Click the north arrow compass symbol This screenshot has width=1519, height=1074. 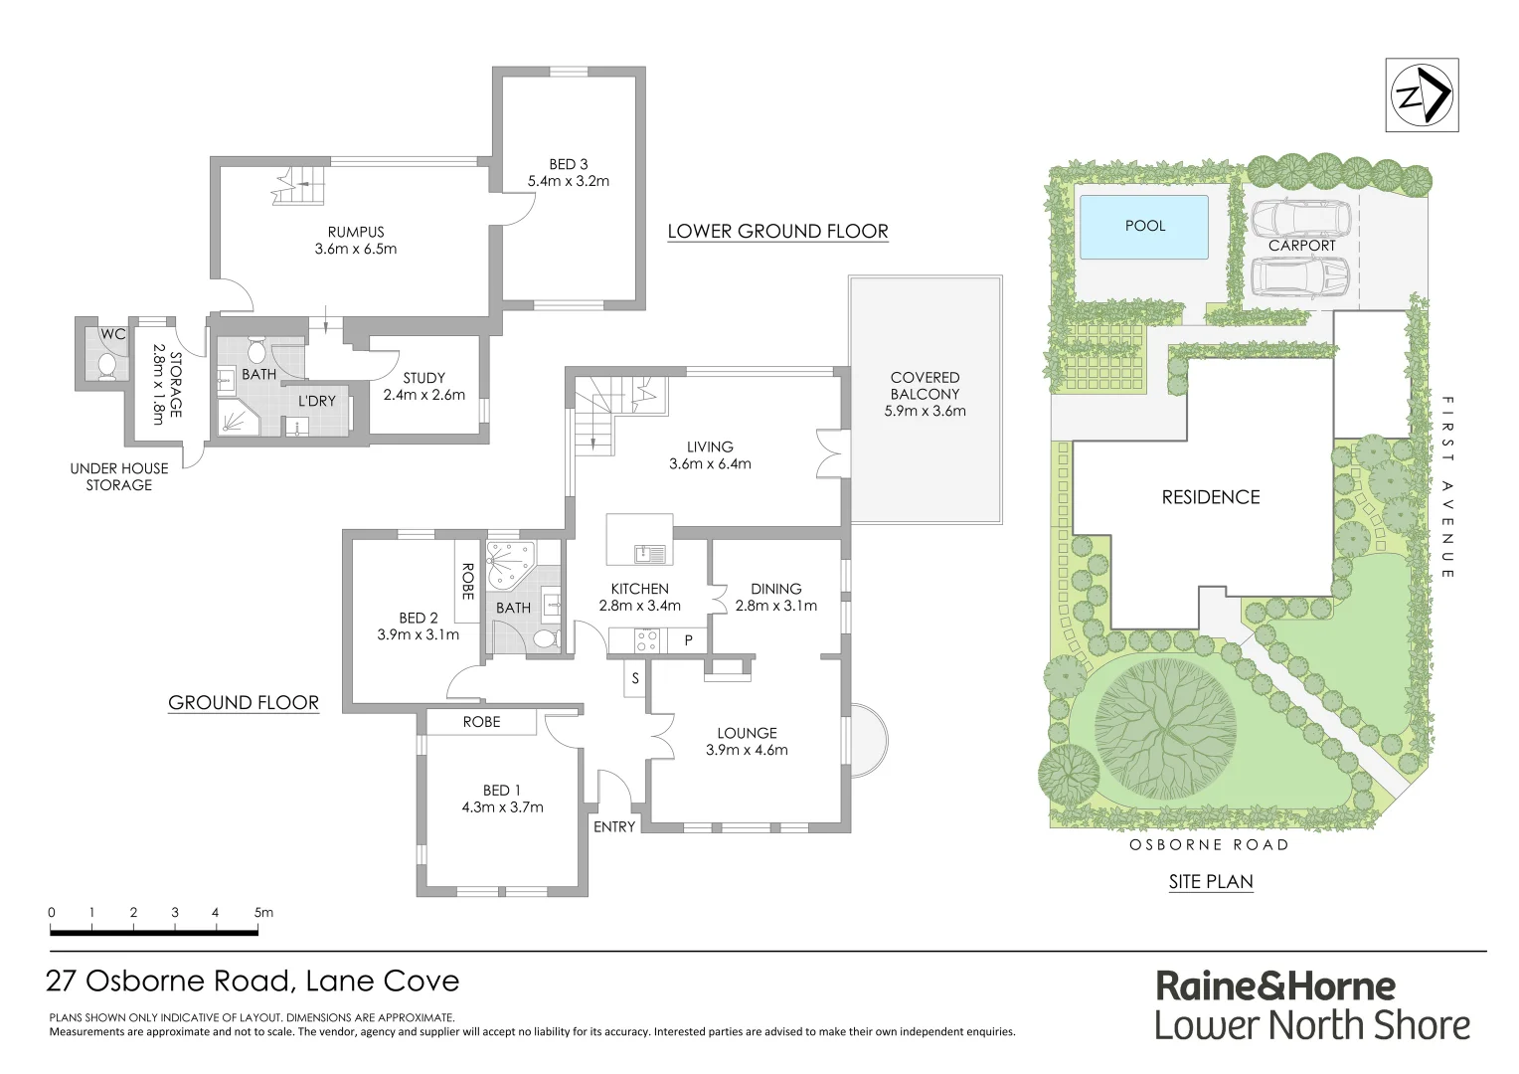tap(1422, 95)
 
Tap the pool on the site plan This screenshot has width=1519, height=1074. tap(1143, 227)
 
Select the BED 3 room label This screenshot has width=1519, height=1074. tap(568, 164)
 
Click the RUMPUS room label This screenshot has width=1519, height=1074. tap(355, 232)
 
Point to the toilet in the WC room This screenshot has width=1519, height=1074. tap(106, 365)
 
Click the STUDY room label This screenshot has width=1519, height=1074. tap(423, 378)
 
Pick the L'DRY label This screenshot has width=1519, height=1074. tap(317, 401)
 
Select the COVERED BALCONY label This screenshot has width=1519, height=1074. tap(925, 386)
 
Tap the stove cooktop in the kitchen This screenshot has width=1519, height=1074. tap(646, 640)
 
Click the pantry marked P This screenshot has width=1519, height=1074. tap(688, 641)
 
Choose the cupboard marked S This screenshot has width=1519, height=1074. tap(635, 679)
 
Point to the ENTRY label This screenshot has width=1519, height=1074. tap(614, 826)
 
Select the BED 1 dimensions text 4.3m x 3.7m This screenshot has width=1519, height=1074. tap(502, 807)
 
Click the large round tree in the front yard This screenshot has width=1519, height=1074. tap(1165, 728)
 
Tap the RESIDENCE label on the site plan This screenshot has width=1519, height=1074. tap(1210, 497)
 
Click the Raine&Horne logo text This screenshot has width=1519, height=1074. tap(1274, 985)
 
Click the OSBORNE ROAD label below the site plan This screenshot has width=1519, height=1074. tap(1209, 845)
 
